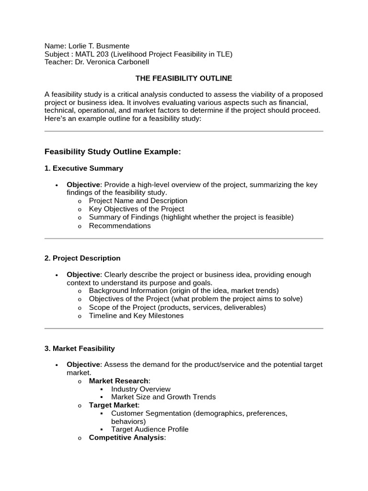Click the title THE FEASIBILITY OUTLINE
(x=184, y=78)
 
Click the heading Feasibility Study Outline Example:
(x=113, y=152)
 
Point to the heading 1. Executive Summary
(x=84, y=168)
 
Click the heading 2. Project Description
(x=82, y=258)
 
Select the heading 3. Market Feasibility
(x=80, y=348)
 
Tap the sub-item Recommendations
(x=120, y=226)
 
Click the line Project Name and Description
(x=138, y=201)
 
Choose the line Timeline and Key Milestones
(x=136, y=316)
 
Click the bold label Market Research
(x=119, y=381)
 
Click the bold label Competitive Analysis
(x=126, y=438)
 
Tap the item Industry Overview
(x=140, y=389)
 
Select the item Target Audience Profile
(x=149, y=429)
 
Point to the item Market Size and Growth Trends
(x=163, y=397)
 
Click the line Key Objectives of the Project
(x=137, y=209)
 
